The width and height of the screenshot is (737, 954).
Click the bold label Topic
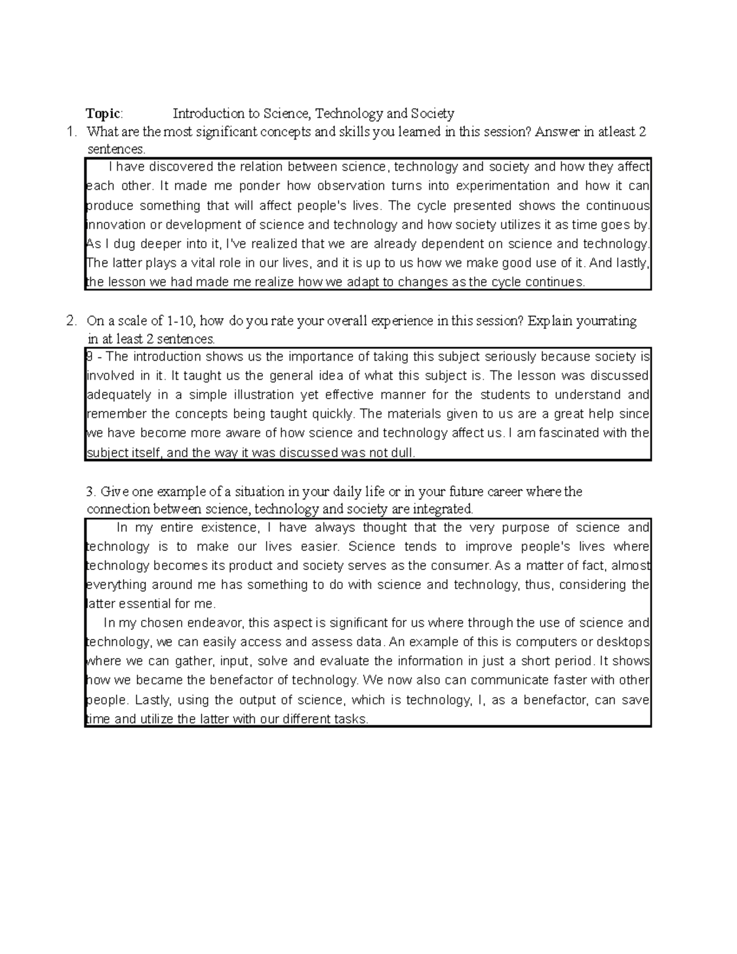click(x=104, y=114)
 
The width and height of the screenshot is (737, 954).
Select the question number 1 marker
click(x=72, y=131)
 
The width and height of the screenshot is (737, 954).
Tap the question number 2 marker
click(x=72, y=321)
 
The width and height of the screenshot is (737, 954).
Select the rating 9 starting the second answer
click(x=90, y=357)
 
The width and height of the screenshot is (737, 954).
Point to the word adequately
click(x=118, y=395)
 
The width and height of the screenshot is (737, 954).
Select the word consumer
click(x=457, y=566)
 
